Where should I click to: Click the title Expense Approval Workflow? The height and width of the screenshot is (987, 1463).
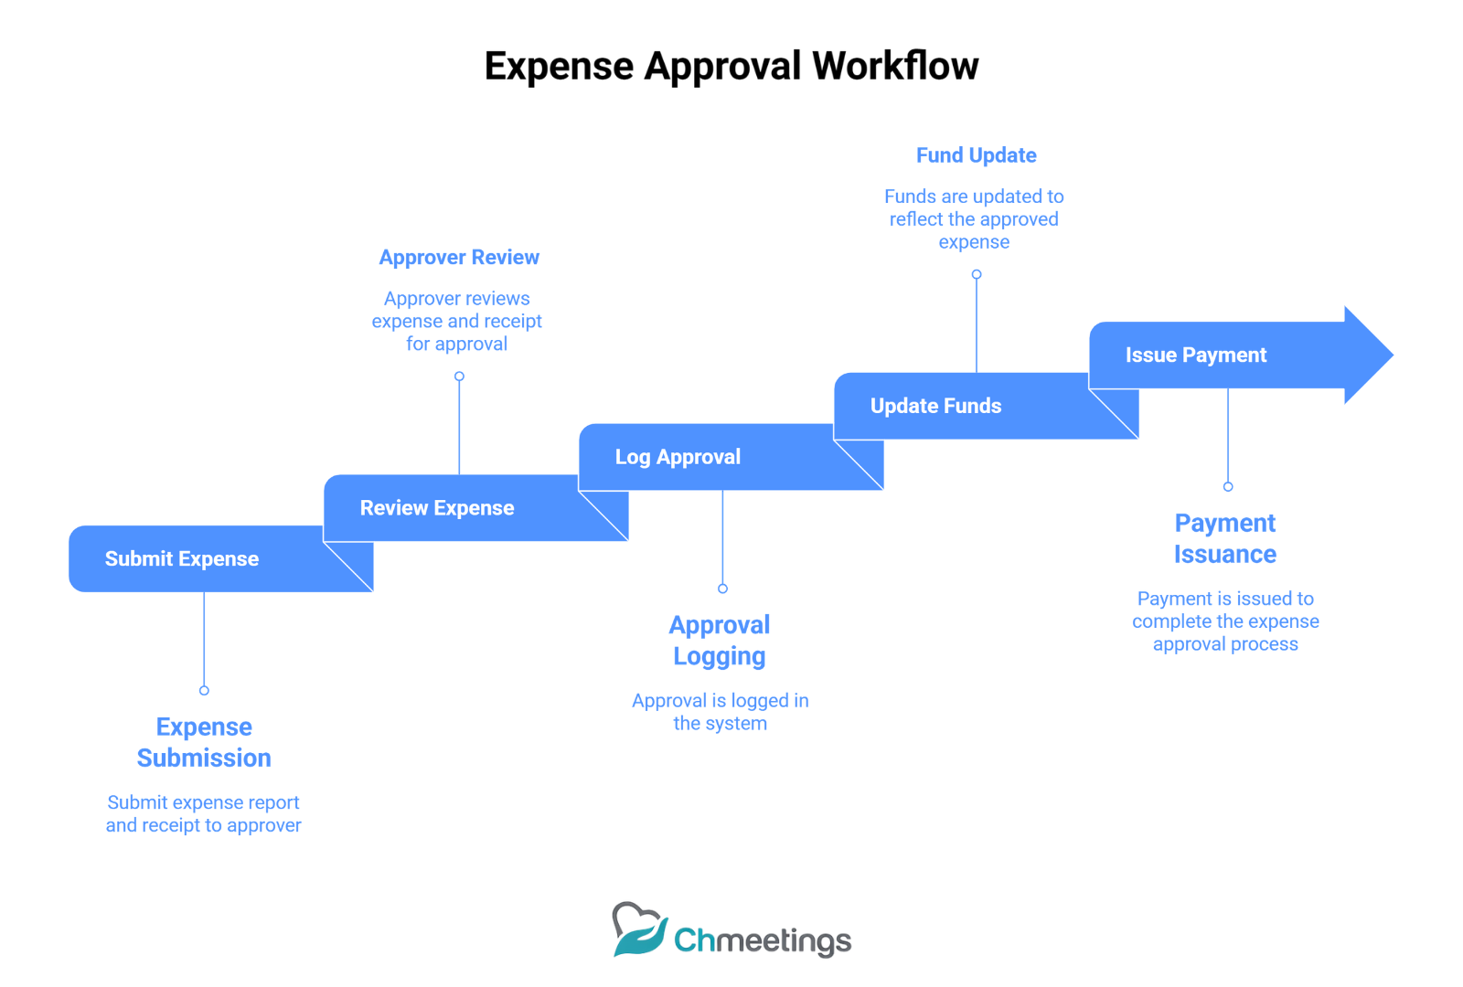tap(731, 66)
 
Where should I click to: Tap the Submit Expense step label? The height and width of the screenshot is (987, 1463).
tap(182, 558)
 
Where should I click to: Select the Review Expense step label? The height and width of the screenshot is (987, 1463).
tap(437, 508)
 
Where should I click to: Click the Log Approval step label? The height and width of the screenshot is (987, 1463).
tap(678, 457)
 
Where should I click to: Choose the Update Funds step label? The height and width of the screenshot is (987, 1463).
tap(936, 406)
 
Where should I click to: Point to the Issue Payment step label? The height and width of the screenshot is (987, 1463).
tap(1196, 356)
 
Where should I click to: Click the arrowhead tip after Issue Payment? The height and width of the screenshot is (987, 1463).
tap(1394, 356)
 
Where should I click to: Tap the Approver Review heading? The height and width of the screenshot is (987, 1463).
tap(459, 257)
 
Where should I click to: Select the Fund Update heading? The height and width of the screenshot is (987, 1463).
tap(977, 155)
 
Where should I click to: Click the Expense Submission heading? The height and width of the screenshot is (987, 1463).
tap(204, 742)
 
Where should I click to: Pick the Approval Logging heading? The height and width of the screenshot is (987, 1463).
tap(720, 641)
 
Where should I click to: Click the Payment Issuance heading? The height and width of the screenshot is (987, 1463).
tap(1225, 538)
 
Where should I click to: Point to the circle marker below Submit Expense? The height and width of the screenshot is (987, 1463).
tap(205, 691)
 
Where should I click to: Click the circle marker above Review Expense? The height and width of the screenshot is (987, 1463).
tap(460, 377)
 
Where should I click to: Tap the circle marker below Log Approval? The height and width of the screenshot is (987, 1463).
tap(723, 589)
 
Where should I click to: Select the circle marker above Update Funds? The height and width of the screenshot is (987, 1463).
tap(977, 275)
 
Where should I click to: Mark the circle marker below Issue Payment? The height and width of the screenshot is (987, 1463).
tap(1229, 487)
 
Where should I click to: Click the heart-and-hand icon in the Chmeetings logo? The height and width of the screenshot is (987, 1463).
tap(639, 929)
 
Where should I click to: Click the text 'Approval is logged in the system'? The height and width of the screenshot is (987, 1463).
tap(721, 712)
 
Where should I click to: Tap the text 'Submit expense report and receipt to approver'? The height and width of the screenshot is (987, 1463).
tap(204, 814)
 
